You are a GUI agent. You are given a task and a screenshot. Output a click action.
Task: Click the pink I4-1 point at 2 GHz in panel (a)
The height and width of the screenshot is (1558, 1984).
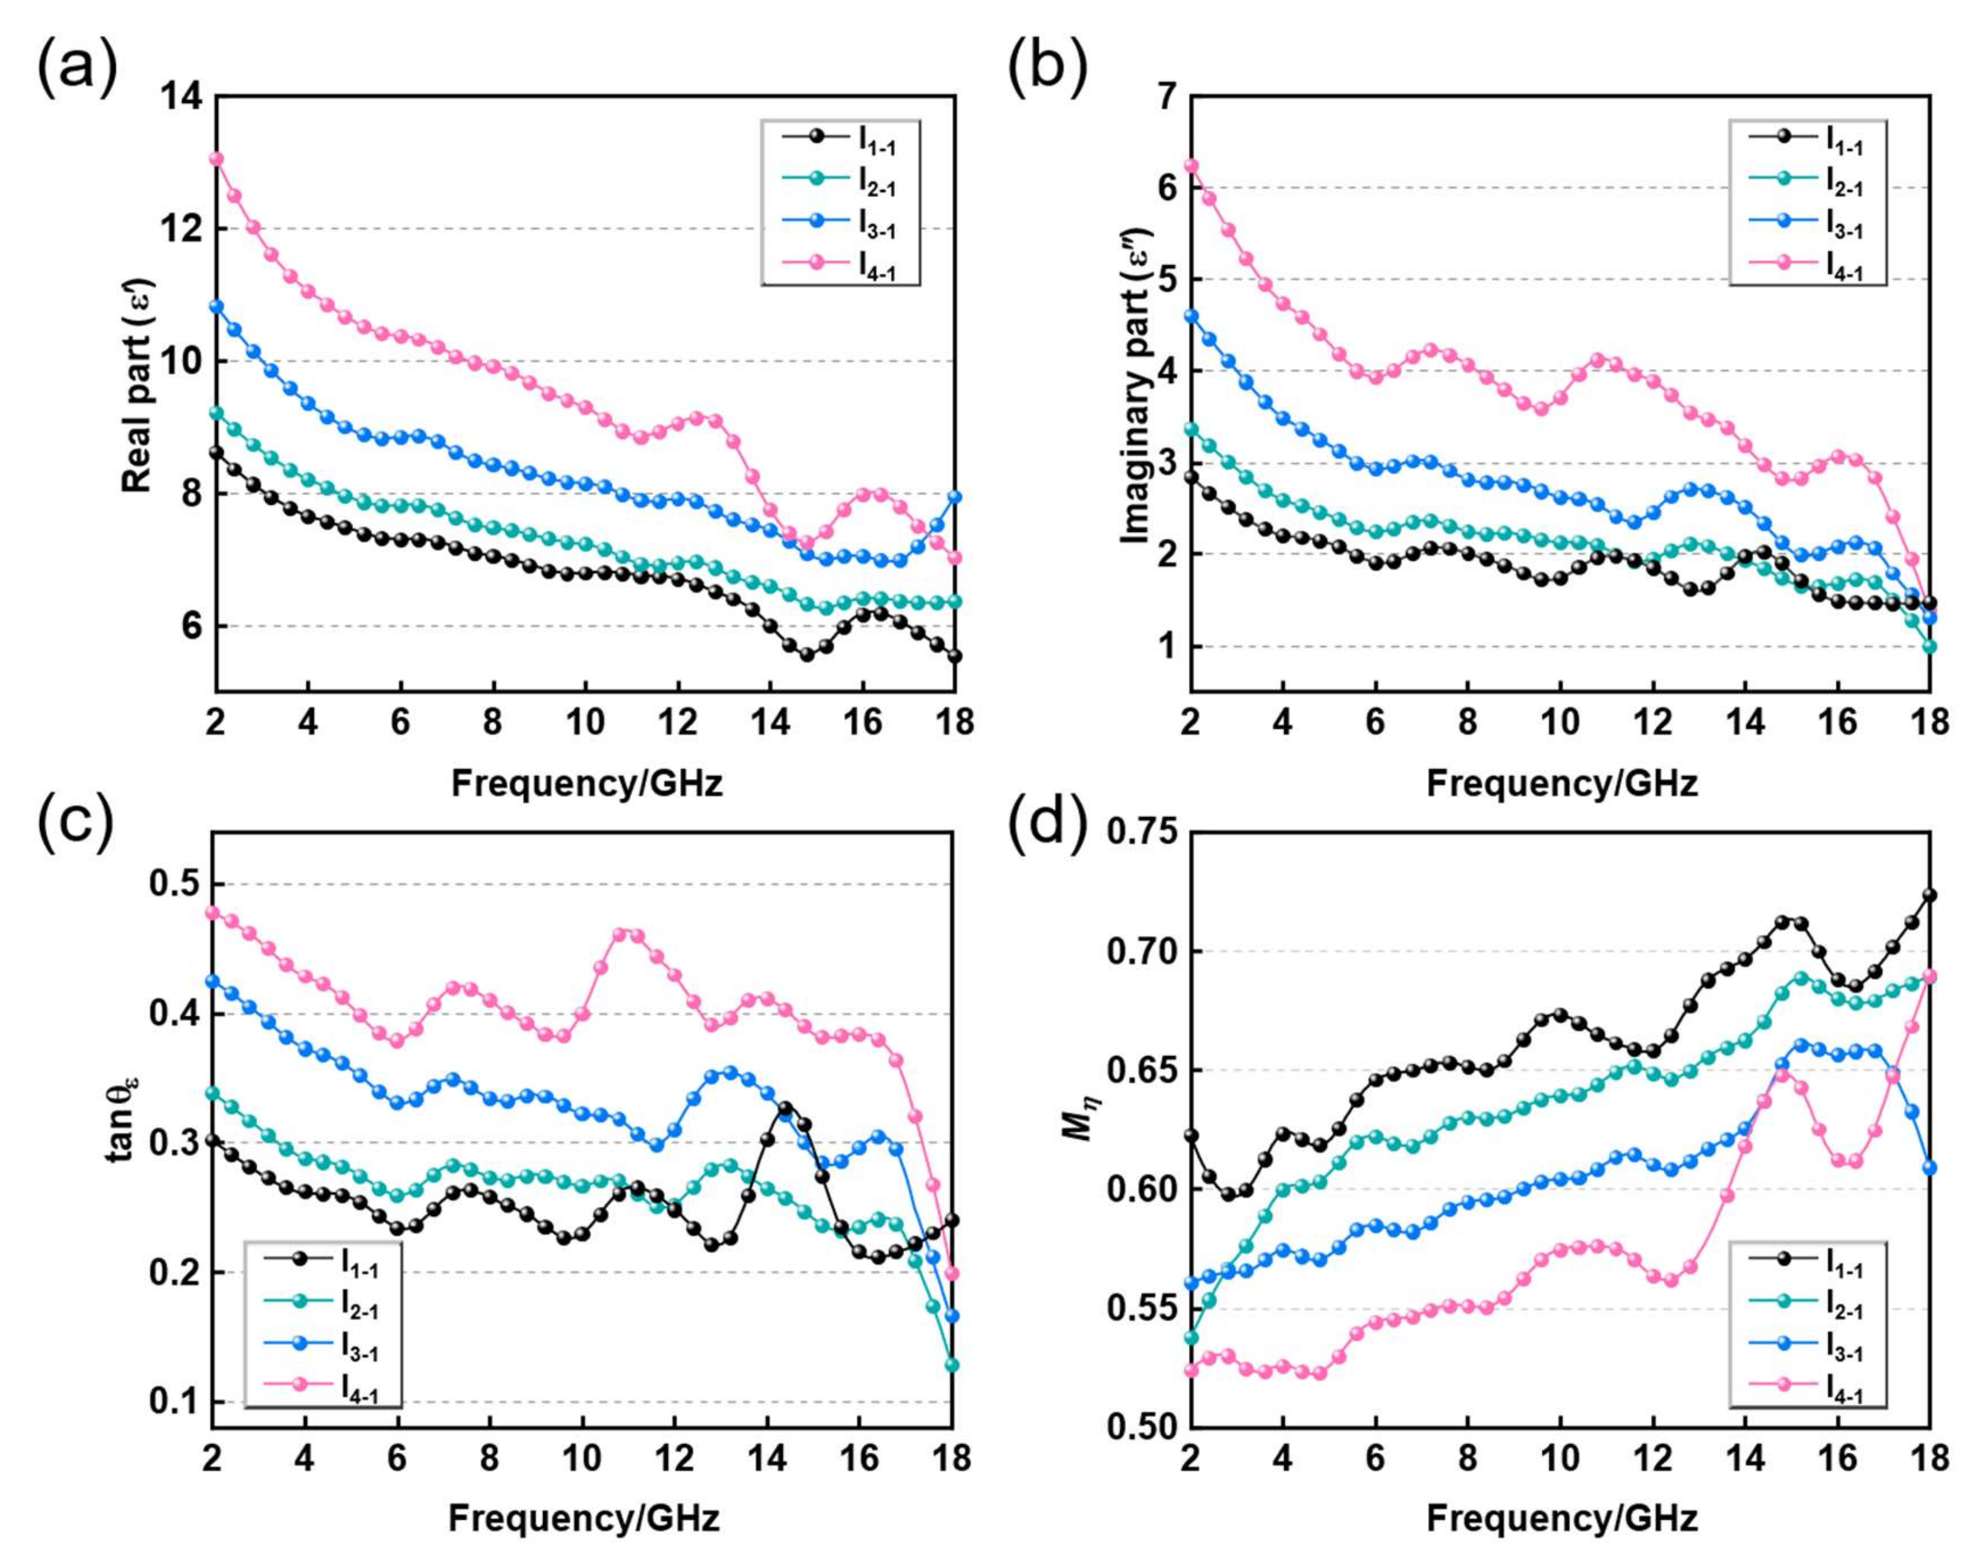[x=216, y=159]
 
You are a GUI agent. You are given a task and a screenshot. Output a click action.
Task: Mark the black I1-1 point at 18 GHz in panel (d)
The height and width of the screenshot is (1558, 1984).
[x=1930, y=895]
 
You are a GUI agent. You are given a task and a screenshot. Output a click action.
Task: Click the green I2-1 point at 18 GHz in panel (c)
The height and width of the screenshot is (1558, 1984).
[x=951, y=1365]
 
